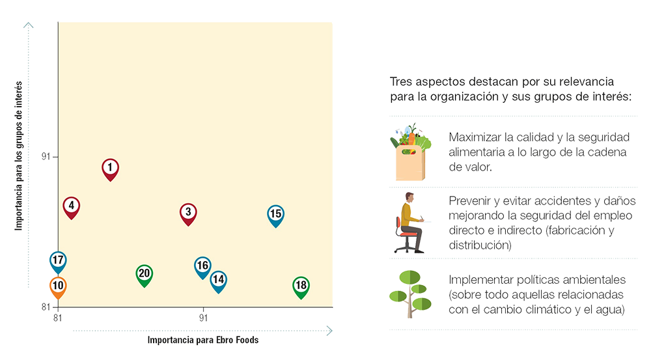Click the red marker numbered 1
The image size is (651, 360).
(x=111, y=169)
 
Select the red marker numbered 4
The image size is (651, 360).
(x=72, y=207)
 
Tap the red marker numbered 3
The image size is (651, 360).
(x=188, y=214)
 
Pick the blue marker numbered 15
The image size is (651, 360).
(x=275, y=215)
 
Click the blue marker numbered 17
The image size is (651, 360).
(x=58, y=262)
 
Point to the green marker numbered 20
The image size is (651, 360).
(x=144, y=275)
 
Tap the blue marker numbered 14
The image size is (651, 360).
(x=218, y=281)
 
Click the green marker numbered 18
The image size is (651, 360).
(x=301, y=287)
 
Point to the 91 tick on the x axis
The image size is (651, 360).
(x=203, y=318)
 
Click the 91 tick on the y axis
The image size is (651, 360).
(x=46, y=157)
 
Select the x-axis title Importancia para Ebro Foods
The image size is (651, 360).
(x=203, y=340)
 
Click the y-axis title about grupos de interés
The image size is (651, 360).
(x=19, y=156)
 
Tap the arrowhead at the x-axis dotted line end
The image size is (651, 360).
(x=329, y=331)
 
